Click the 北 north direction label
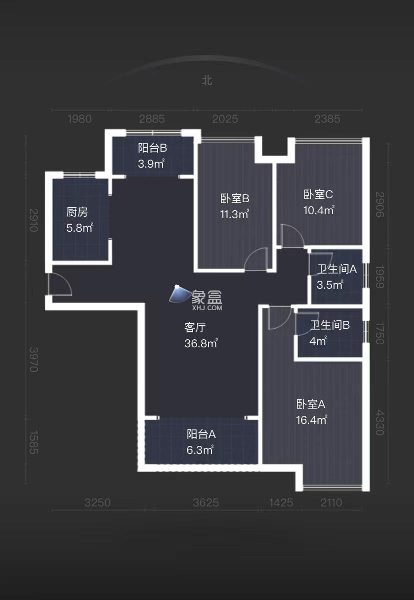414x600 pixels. [x=206, y=81]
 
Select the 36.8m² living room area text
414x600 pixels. [x=201, y=343]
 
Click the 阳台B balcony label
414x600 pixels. [x=152, y=148]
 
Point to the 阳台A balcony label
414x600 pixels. [x=201, y=434]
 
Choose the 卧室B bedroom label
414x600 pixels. [x=234, y=199]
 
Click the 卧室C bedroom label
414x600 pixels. [x=318, y=194]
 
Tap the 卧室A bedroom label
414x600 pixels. [x=310, y=404]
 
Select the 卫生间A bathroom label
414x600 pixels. [x=336, y=269]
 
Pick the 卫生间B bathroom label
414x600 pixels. [x=329, y=325]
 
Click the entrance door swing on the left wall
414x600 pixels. [x=59, y=285]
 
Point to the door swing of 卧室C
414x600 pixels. [x=292, y=236]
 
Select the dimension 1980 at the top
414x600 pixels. [x=79, y=119]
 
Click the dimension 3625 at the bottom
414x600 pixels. [x=206, y=502]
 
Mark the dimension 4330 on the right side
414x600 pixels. [x=379, y=423]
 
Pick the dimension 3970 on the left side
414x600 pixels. [x=33, y=359]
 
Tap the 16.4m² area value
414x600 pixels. [x=311, y=420]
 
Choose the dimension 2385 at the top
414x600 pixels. [x=327, y=119]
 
